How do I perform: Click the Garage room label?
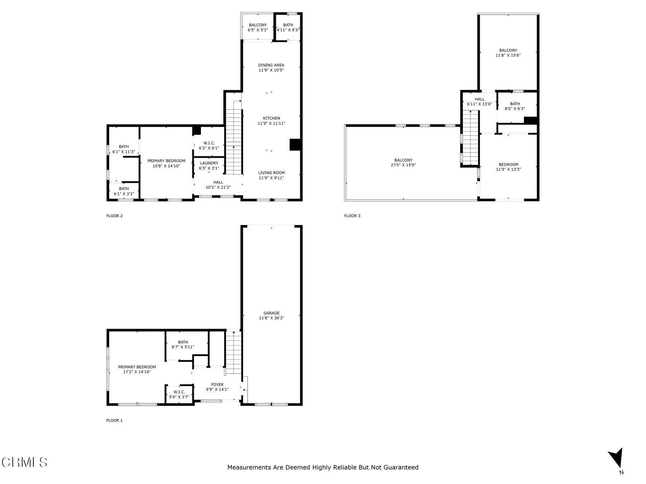point(271,313)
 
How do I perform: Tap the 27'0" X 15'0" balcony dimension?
point(403,165)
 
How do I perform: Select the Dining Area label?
point(271,65)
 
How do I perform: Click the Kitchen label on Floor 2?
point(271,118)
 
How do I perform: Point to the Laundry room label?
point(209,163)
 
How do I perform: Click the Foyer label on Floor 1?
point(217,385)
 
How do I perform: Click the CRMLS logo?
point(24,462)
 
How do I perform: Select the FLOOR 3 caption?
point(352,216)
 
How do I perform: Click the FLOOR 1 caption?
point(114,420)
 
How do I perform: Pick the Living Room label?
point(271,173)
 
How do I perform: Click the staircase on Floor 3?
point(471,138)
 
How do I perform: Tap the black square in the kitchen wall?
point(295,144)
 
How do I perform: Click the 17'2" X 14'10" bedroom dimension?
point(137,372)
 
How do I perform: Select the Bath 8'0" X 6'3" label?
point(515,106)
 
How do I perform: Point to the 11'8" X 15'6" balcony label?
point(508,53)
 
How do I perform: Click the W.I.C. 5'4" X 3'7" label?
point(179,394)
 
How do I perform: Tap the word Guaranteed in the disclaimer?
point(401,467)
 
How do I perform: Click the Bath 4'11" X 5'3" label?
point(288,28)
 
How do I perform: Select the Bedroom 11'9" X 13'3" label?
point(508,167)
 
